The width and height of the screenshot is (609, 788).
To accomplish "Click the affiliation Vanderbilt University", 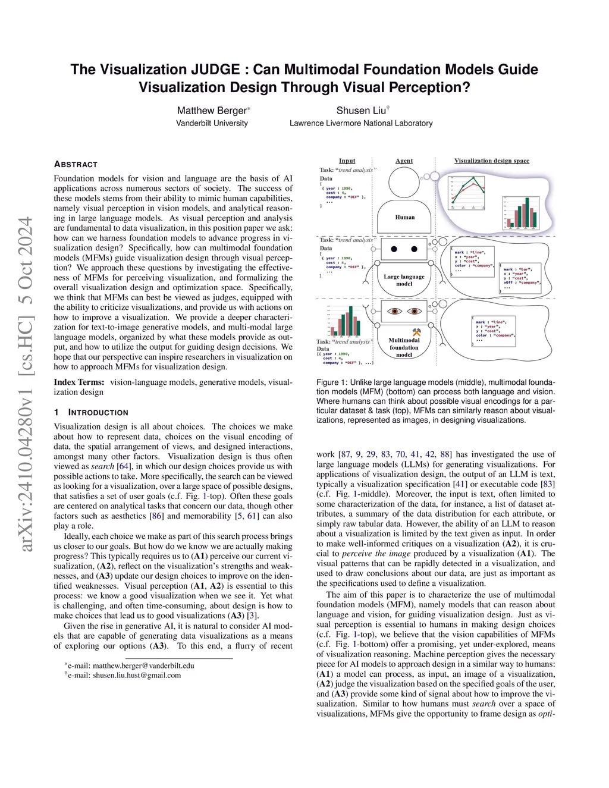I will click(x=212, y=123).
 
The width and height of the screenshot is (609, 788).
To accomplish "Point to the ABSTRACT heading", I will click(x=76, y=164).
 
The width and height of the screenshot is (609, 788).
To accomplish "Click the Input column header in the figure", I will click(x=347, y=161).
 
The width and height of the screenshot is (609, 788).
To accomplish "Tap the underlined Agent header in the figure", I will click(x=404, y=161).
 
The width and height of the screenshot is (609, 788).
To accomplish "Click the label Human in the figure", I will click(x=405, y=217).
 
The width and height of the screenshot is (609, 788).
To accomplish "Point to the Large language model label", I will click(x=404, y=280).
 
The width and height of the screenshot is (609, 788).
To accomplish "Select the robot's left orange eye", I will click(x=394, y=311).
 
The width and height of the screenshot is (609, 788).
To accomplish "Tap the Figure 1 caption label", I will click(x=331, y=382).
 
